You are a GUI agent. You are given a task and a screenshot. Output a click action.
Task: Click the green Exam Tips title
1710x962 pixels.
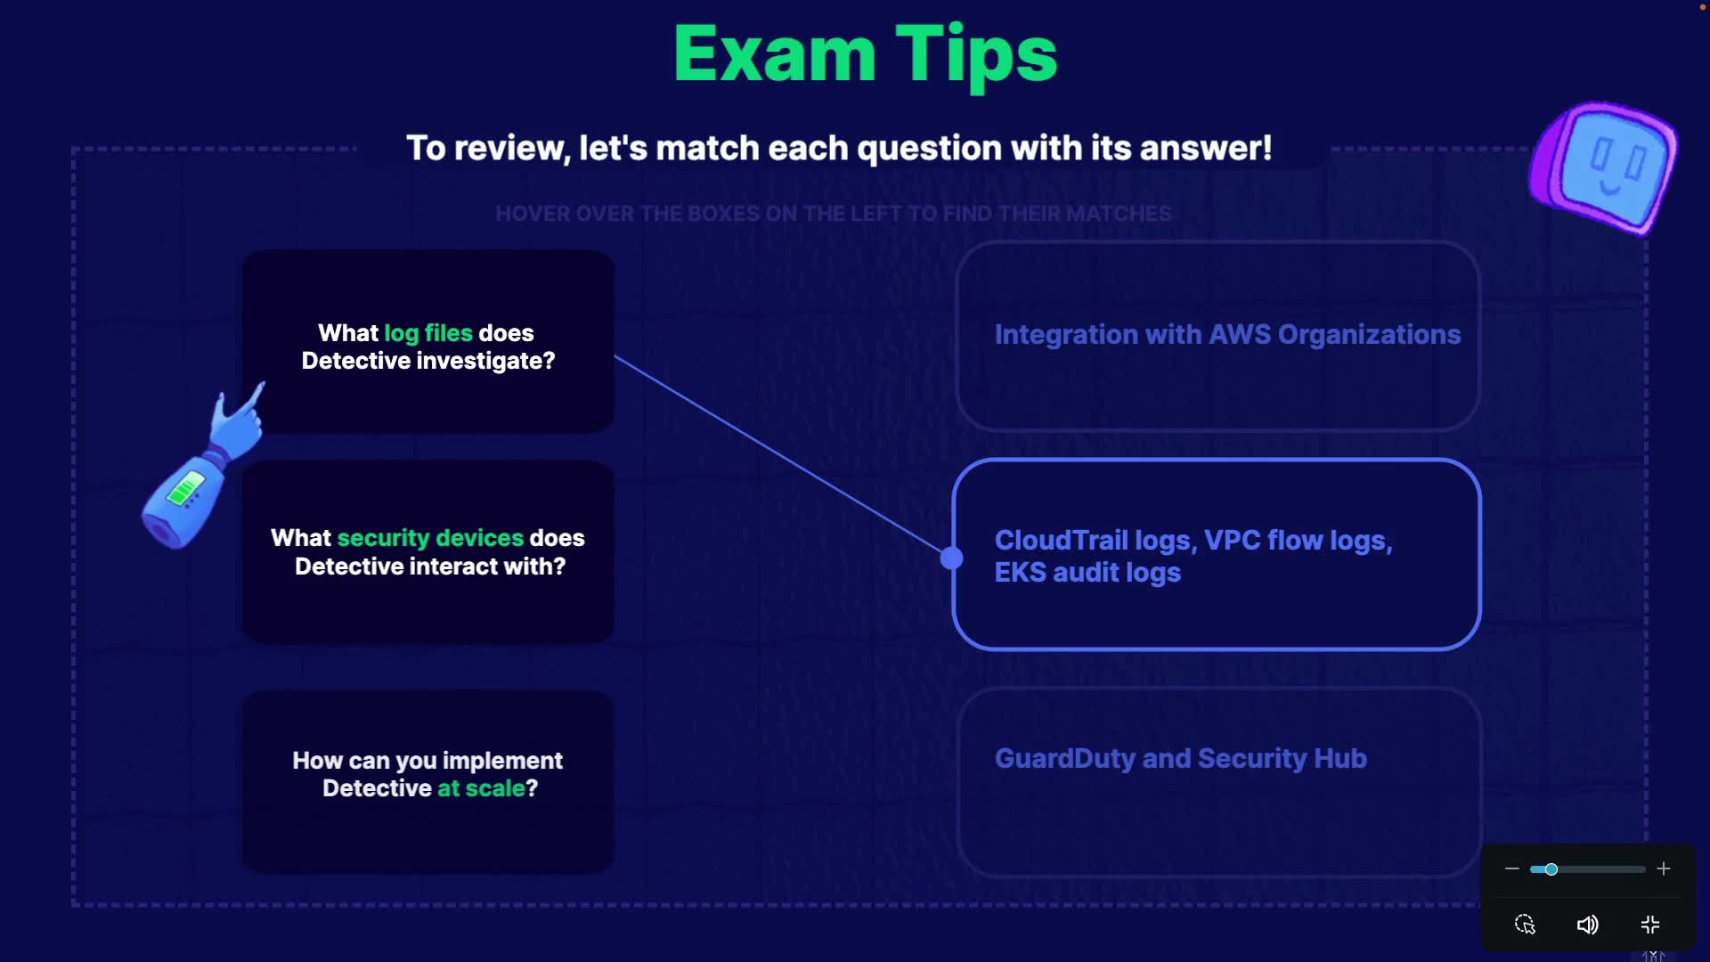pos(865,55)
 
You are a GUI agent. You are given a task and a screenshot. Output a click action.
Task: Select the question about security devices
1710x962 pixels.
pos(428,552)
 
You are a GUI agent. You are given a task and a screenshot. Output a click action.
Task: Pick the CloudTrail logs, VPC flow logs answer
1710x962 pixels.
pos(1217,554)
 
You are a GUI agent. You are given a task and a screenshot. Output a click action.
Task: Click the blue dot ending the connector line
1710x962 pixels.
pos(951,558)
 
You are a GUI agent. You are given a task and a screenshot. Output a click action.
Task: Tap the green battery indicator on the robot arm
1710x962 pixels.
pos(185,488)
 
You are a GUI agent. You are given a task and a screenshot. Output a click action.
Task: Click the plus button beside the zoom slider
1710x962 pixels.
pos(1664,868)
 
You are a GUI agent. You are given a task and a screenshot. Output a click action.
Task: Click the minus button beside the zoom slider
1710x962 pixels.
pos(1512,868)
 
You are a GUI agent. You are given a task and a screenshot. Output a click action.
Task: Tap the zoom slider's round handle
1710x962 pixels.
pos(1551,869)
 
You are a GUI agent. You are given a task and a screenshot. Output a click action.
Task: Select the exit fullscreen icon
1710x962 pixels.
pos(1650,925)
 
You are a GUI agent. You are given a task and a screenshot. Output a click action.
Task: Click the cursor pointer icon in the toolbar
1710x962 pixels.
pos(1525,925)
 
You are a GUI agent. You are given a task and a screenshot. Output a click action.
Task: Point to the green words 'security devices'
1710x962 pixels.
pos(430,538)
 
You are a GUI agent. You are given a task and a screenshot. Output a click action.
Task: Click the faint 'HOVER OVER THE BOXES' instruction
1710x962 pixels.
pos(834,214)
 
